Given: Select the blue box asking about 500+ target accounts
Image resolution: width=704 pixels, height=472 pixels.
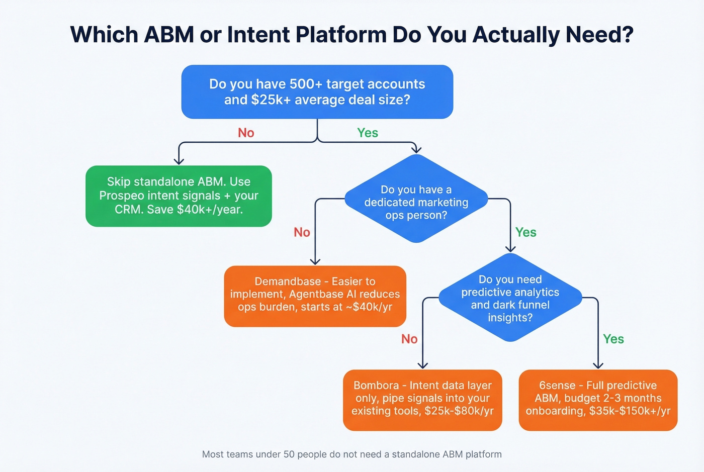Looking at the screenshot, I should (x=317, y=92).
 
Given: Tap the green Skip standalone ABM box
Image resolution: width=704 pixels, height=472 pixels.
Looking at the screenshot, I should (x=179, y=196).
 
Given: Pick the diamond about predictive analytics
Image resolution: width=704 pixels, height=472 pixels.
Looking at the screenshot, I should (x=510, y=298).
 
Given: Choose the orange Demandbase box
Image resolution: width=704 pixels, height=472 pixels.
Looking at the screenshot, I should (x=315, y=296).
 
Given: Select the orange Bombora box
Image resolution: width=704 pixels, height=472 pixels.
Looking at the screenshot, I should (x=422, y=400).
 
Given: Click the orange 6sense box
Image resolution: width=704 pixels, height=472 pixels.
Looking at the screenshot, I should (x=598, y=400).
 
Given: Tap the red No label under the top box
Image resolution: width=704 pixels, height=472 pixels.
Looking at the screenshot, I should (x=246, y=133).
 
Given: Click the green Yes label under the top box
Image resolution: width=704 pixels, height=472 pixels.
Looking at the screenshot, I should (x=367, y=133).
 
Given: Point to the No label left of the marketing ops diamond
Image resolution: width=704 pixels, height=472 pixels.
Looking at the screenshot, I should (x=302, y=232).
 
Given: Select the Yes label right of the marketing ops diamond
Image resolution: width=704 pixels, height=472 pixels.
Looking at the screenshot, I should (x=525, y=232).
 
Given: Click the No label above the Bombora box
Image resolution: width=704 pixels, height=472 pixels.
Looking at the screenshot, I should (x=409, y=339).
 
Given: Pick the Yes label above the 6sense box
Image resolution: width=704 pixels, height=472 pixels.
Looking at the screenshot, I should (x=613, y=339).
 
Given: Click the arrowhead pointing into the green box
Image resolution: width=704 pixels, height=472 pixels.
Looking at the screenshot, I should (x=179, y=161).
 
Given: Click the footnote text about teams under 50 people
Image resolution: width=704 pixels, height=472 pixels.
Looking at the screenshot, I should (x=351, y=454).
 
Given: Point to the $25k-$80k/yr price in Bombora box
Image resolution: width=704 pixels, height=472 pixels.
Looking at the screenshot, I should (x=459, y=411).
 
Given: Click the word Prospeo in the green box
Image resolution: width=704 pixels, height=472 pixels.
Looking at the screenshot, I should (x=123, y=196).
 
